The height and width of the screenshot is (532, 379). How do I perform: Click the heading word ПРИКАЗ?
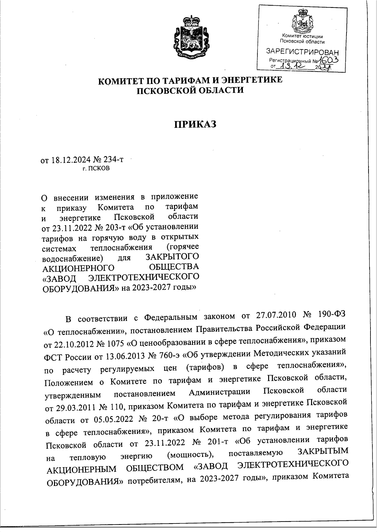[x=195, y=124]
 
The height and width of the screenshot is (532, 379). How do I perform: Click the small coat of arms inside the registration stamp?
[x=303, y=22]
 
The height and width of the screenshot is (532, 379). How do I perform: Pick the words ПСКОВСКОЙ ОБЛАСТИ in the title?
[x=190, y=90]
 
